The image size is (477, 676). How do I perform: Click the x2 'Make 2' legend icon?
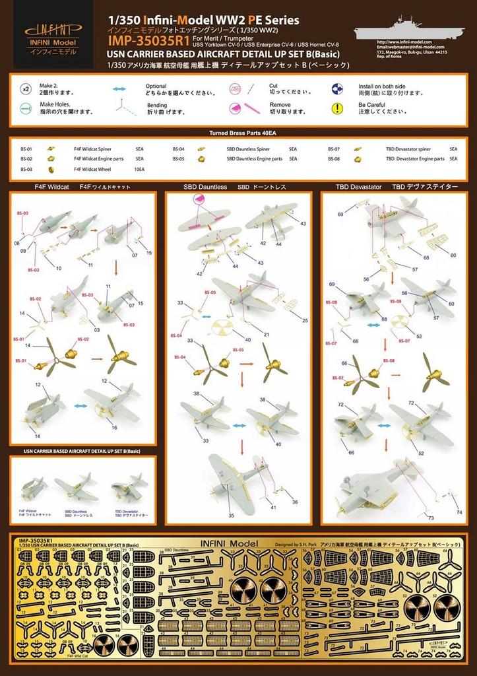[x=26, y=88]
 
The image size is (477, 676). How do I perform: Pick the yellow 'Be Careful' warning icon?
[x=336, y=108]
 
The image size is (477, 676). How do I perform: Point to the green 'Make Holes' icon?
[x=26, y=108]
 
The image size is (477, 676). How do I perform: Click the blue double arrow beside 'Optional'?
[x=119, y=88]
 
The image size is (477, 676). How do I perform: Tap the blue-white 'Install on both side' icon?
[x=336, y=88]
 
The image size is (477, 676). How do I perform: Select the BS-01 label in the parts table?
[x=27, y=149]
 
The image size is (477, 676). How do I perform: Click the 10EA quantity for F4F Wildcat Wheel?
[x=139, y=170]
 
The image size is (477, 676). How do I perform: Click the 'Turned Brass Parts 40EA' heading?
[x=238, y=133]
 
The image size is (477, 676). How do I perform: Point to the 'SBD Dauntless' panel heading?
[x=205, y=187]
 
